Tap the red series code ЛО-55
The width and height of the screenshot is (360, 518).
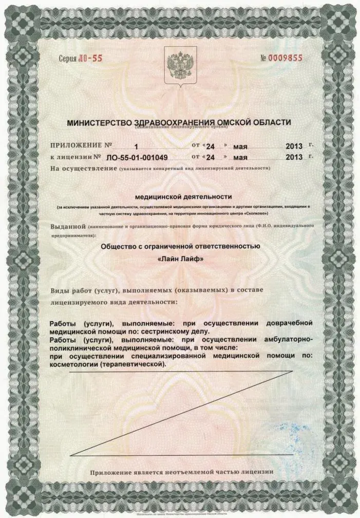pos(91,58)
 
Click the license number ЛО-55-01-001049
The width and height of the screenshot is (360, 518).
pos(137,157)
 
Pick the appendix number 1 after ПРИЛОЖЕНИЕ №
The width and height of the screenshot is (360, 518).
pos(137,146)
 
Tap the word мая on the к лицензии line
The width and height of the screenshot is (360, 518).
pos(240,157)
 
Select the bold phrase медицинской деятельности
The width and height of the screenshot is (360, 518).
pos(183,196)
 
